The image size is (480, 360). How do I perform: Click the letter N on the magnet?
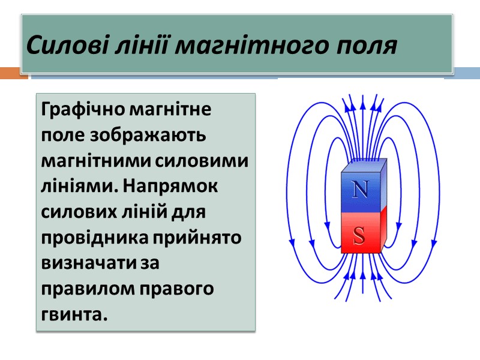pyautogui.click(x=359, y=189)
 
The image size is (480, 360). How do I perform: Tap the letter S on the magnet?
pyautogui.click(x=359, y=236)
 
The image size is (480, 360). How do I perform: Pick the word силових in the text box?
pyautogui.click(x=76, y=212)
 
